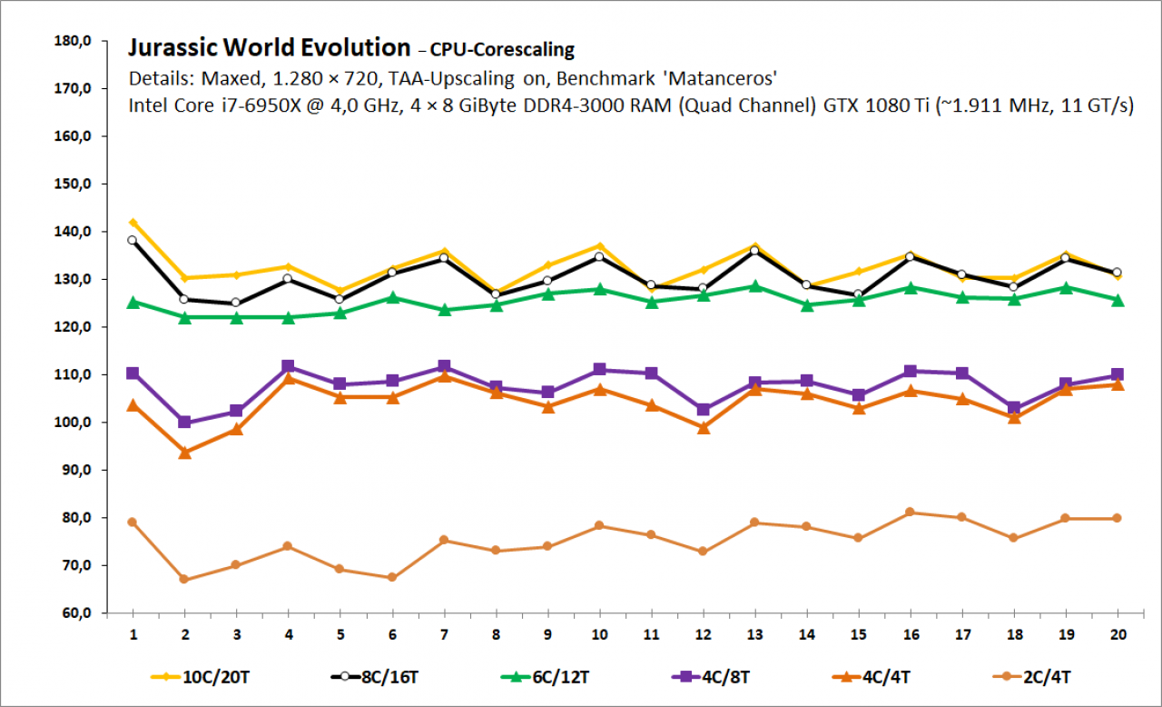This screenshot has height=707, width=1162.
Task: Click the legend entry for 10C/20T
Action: point(200,677)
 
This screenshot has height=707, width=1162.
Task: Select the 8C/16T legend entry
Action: point(375,677)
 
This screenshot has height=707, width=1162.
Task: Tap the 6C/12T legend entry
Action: point(545,677)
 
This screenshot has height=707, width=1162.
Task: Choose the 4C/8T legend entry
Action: point(710,677)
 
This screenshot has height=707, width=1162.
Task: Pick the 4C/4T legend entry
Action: point(871,677)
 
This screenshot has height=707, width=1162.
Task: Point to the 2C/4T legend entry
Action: point(1031,677)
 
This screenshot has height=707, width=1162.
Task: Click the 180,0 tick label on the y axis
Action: point(73,41)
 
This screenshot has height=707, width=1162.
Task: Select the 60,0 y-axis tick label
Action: point(77,613)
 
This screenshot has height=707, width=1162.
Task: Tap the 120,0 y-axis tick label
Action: point(73,327)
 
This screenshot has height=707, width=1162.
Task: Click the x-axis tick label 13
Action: point(754,634)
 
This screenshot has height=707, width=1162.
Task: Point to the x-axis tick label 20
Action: point(1118,634)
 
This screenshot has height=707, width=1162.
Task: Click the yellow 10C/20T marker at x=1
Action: point(133,223)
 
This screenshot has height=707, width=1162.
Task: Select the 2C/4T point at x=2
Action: point(184,579)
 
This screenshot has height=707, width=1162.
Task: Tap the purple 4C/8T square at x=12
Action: point(704,410)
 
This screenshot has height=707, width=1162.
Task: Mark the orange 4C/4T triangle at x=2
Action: point(184,453)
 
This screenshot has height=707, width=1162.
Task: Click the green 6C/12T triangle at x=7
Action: point(444,310)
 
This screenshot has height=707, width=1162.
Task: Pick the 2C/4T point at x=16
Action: point(910,513)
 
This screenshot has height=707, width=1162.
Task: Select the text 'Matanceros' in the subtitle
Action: point(720,79)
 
